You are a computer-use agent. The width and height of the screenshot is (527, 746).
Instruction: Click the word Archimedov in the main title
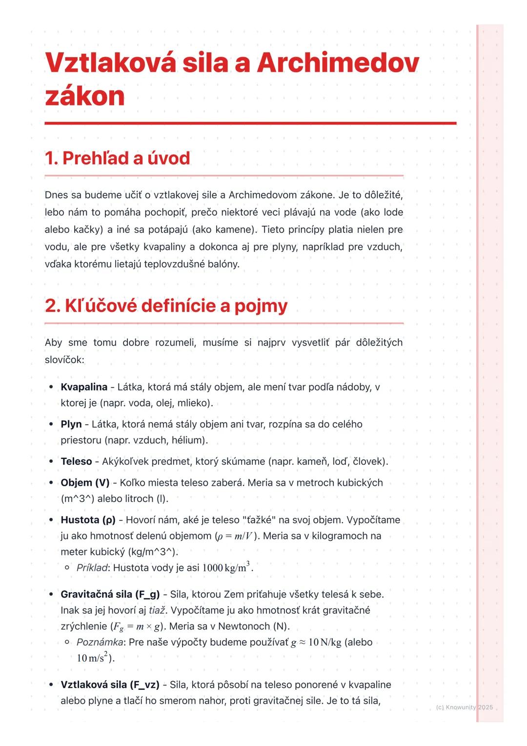(x=338, y=63)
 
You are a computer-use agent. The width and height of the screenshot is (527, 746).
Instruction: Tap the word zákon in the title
(x=85, y=96)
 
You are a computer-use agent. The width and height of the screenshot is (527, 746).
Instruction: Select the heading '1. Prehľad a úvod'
(x=117, y=158)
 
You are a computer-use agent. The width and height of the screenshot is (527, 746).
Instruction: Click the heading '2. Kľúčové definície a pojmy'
(x=166, y=306)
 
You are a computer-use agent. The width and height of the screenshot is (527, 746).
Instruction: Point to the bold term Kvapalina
(x=84, y=387)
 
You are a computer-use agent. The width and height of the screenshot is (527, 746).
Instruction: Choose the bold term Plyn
(x=71, y=424)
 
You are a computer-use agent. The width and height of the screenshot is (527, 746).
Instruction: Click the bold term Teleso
(x=76, y=461)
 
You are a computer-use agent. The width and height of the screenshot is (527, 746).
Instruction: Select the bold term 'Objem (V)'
(x=85, y=483)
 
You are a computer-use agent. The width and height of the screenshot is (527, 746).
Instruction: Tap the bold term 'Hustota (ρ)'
(x=88, y=520)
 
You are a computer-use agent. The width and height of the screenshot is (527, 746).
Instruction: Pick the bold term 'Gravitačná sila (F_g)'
(x=110, y=595)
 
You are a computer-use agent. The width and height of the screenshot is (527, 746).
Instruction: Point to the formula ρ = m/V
(x=235, y=536)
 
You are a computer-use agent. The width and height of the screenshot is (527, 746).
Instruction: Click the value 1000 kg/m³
(x=226, y=567)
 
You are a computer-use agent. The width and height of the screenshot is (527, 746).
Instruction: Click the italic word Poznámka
(x=100, y=642)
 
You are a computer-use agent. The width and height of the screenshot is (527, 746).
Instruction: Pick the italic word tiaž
(x=157, y=610)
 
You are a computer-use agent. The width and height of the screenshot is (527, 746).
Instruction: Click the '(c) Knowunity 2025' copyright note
(x=464, y=707)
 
